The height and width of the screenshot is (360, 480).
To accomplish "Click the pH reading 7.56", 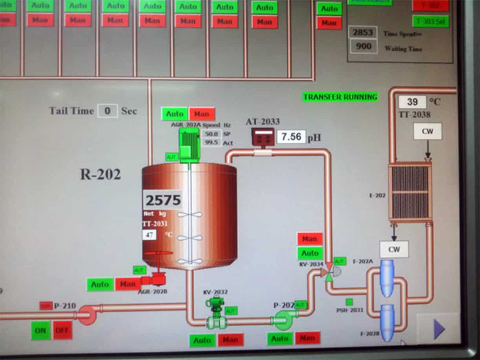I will (291, 137).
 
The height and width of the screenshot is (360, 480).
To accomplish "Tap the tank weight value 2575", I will (163, 201).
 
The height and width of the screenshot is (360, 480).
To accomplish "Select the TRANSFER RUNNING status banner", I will (340, 97).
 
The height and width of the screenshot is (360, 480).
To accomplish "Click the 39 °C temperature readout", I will (412, 102).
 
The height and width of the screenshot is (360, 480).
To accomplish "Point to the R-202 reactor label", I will (100, 174).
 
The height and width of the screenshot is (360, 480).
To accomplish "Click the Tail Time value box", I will (107, 111).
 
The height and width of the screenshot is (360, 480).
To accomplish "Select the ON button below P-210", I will (41, 331).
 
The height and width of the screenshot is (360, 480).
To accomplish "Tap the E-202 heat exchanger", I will (410, 192).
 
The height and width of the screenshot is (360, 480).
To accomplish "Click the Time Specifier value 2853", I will (362, 33).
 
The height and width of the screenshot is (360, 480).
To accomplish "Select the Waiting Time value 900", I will (363, 47).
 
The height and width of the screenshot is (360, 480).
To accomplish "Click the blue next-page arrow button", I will (439, 329).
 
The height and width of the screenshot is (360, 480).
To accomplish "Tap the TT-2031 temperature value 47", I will (149, 235).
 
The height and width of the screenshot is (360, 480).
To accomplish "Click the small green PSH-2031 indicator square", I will (349, 302).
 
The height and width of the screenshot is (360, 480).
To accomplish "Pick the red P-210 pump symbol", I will (86, 315).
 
